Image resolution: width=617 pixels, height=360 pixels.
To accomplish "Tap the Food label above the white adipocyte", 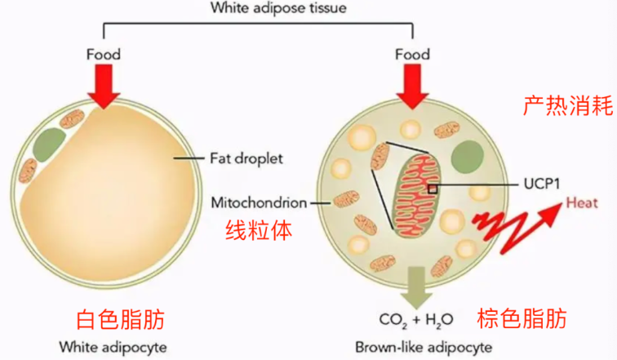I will click(x=104, y=55).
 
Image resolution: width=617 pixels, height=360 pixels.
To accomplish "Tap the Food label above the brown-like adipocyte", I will click(x=412, y=55).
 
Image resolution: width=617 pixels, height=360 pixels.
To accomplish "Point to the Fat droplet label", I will click(x=246, y=158).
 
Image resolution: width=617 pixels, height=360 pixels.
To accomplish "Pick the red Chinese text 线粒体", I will click(x=260, y=230).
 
